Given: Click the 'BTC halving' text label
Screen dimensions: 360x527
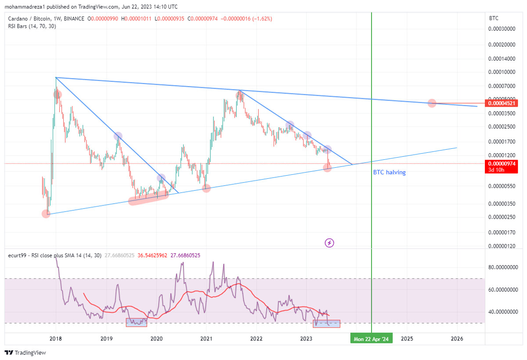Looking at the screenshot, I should [389, 173].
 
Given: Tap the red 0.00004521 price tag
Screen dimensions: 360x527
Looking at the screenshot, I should [501, 104].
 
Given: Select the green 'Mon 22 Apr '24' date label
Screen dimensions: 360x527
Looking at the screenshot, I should [371, 338].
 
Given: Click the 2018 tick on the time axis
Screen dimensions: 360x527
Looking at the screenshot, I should [55, 338].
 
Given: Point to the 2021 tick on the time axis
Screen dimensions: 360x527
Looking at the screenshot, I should [206, 338].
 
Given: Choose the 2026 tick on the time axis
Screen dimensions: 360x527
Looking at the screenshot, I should [457, 338].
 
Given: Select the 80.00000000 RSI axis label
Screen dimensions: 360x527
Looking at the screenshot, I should [503, 267].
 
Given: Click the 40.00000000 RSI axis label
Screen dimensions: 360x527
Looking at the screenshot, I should [503, 312].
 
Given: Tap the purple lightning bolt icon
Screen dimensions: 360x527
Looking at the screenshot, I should [329, 242].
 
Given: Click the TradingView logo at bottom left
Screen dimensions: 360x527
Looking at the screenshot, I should [25, 353].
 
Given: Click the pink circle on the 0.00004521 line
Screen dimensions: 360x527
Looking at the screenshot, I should [432, 103].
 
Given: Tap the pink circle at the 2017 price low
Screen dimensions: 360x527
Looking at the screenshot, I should [46, 214].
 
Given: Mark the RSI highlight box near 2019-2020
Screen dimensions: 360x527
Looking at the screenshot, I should [137, 322].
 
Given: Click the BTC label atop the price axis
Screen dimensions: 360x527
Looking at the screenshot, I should [494, 18].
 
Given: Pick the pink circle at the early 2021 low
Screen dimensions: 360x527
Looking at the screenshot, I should [206, 188].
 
